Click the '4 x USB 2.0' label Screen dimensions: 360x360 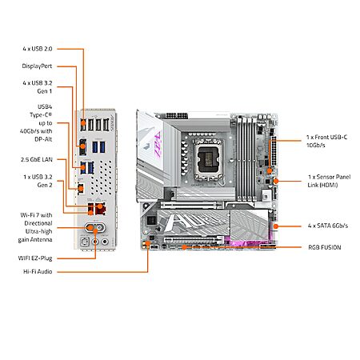tap(38, 49)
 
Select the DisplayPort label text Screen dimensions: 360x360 tap(37, 66)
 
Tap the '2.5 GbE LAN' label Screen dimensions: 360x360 tap(37, 159)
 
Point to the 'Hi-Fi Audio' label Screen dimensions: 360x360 tap(38, 271)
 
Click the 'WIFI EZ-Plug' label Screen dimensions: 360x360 tap(35, 258)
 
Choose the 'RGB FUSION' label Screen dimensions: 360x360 tap(325, 247)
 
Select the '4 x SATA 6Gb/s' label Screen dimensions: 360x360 tap(328, 226)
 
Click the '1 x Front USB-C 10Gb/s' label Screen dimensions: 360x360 tap(326, 141)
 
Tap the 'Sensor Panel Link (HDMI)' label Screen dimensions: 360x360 tap(329, 181)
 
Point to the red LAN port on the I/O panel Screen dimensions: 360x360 tap(101, 208)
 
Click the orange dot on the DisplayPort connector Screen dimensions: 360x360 tap(82, 146)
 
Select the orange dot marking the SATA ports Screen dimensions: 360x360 tap(276, 226)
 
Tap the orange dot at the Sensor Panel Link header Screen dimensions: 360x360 tap(276, 182)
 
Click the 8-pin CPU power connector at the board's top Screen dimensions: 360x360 tap(176, 116)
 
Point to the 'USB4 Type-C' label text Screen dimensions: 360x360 tap(41, 111)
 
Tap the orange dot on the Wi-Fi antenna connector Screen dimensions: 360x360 tap(90, 227)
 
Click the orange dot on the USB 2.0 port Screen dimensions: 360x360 tap(83, 122)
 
